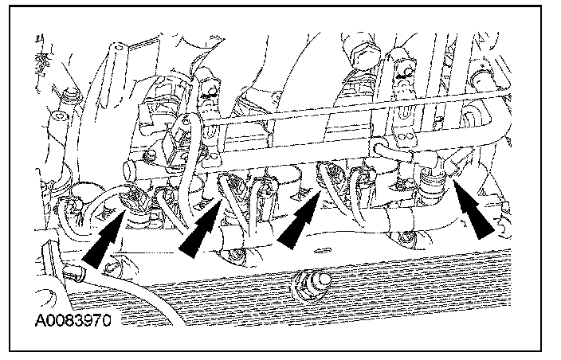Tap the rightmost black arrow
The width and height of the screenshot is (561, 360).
coord(479,215)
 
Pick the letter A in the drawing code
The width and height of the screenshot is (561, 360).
coord(40,323)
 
